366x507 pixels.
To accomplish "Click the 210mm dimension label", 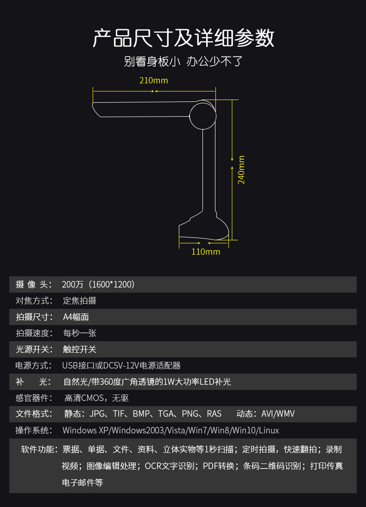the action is coord(154,80).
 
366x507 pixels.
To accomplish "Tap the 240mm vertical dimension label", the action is coord(241,170).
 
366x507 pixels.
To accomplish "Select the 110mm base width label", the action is coord(206,251).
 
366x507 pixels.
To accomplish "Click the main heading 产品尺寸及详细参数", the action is coord(183,38).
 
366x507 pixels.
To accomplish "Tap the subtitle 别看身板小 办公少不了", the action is coord(183,61).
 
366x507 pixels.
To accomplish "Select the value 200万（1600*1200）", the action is coord(98,285).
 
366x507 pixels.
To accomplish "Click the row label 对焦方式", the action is coord(34,300).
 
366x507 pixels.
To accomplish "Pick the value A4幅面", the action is coord(76,317).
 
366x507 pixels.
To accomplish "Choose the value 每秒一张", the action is coord(80,333).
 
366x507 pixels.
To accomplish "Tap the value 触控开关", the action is coord(80,349).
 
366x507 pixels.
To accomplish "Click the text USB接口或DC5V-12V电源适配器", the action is coord(121,365).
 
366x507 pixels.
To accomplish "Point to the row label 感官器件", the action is coord(34,398).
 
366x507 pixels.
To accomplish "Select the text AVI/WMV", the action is coord(278,414).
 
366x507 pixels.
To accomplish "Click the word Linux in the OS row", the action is coord(269,430).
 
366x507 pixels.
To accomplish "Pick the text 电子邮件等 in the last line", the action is coord(82,482).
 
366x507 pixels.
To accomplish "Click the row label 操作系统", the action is coord(34,430).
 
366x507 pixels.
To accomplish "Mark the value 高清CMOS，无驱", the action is coord(96,398).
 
